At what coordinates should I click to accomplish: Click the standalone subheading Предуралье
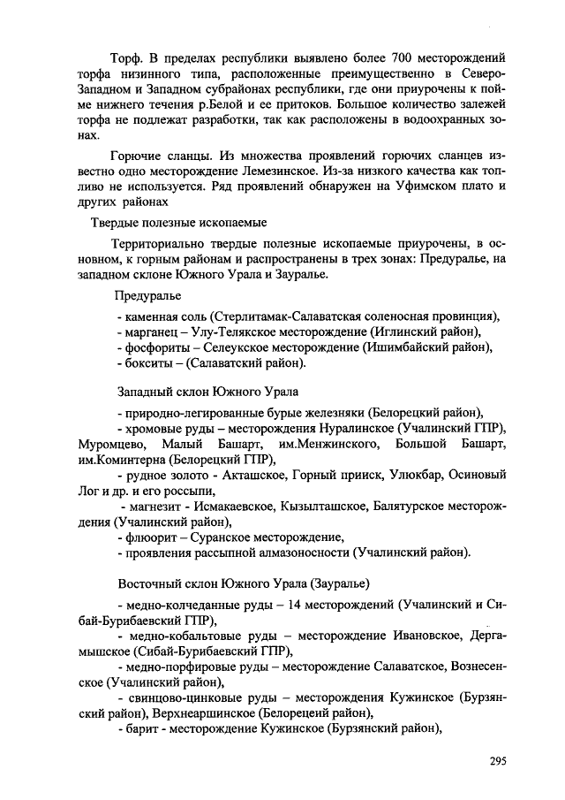148,294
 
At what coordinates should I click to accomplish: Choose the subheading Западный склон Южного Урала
208,390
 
